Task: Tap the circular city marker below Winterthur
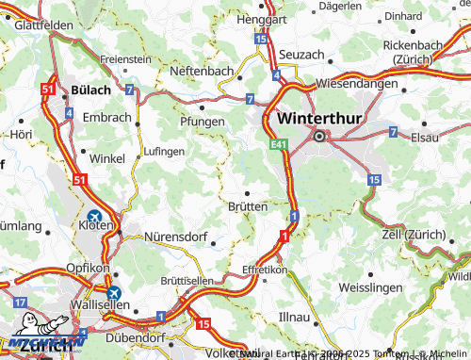tap(319, 137)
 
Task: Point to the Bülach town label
tap(90, 90)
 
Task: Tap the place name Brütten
tap(247, 205)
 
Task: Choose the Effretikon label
tap(264, 269)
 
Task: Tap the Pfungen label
tap(202, 122)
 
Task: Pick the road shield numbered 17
tap(20, 302)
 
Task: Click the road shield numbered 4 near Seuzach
tap(275, 74)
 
